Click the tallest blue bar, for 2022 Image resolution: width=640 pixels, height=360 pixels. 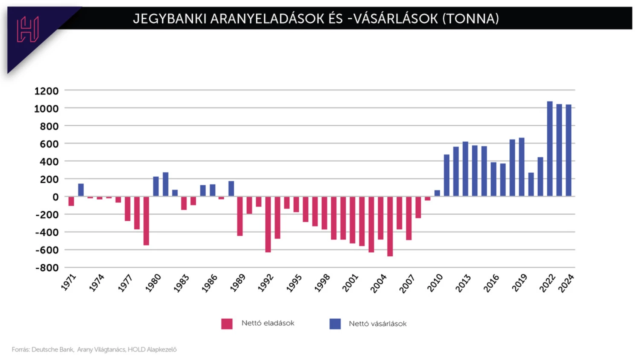click(x=550, y=149)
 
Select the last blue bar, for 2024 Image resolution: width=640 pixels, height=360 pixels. click(x=568, y=151)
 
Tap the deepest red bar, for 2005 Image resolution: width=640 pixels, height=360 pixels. click(x=390, y=226)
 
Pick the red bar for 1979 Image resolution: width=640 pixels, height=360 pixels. click(x=146, y=221)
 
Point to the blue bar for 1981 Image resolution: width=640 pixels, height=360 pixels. click(x=166, y=184)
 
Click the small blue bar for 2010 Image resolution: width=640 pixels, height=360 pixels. click(x=437, y=193)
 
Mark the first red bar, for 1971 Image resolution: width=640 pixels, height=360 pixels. click(x=71, y=201)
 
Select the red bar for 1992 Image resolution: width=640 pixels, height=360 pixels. click(x=268, y=224)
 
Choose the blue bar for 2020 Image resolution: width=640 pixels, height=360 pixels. click(x=531, y=184)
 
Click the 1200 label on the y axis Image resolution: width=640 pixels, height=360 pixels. click(x=47, y=91)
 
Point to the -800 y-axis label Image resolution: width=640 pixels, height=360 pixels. click(x=47, y=268)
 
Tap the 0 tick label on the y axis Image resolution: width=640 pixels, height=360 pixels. click(x=55, y=197)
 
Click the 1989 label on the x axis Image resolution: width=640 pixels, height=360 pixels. click(x=238, y=283)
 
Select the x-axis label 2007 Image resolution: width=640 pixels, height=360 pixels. click(x=407, y=284)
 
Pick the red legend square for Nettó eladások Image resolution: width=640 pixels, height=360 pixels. click(x=227, y=324)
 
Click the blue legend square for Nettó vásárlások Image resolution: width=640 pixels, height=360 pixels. click(x=335, y=324)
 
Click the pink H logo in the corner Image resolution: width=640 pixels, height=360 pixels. click(x=28, y=29)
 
